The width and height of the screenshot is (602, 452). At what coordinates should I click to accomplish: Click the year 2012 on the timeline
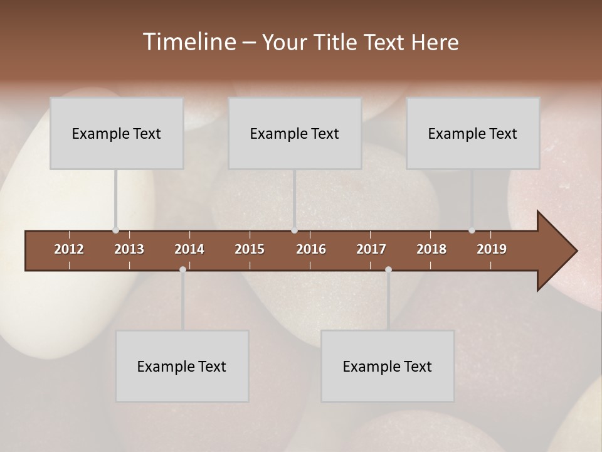pyautogui.click(x=69, y=249)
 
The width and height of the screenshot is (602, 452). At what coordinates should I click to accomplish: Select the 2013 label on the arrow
pyautogui.click(x=129, y=249)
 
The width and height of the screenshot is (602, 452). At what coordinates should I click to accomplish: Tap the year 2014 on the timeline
pyautogui.click(x=189, y=249)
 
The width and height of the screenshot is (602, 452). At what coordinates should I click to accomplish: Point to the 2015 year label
pyautogui.click(x=250, y=249)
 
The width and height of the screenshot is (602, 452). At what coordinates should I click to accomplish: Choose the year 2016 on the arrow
pyautogui.click(x=311, y=249)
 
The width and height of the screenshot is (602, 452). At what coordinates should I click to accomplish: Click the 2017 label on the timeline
pyautogui.click(x=371, y=249)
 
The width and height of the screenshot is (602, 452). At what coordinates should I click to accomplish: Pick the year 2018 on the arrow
pyautogui.click(x=431, y=249)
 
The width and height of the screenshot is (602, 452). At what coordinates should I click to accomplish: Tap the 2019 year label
pyautogui.click(x=492, y=249)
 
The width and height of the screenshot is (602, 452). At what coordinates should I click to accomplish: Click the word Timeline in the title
pyautogui.click(x=188, y=42)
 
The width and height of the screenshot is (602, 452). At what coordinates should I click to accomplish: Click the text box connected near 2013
pyautogui.click(x=117, y=133)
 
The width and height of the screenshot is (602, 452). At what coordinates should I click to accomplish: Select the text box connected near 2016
pyautogui.click(x=295, y=133)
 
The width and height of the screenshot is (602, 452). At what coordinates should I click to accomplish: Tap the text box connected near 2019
pyautogui.click(x=473, y=133)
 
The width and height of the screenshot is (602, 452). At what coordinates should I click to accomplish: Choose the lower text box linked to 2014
pyautogui.click(x=182, y=366)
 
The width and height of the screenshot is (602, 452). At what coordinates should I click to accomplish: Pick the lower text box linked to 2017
pyautogui.click(x=388, y=366)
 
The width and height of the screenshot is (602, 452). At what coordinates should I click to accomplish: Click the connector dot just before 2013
pyautogui.click(x=115, y=230)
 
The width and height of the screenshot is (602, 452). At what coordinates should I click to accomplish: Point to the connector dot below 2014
pyautogui.click(x=182, y=269)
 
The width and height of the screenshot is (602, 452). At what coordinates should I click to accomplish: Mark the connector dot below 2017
pyautogui.click(x=388, y=269)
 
